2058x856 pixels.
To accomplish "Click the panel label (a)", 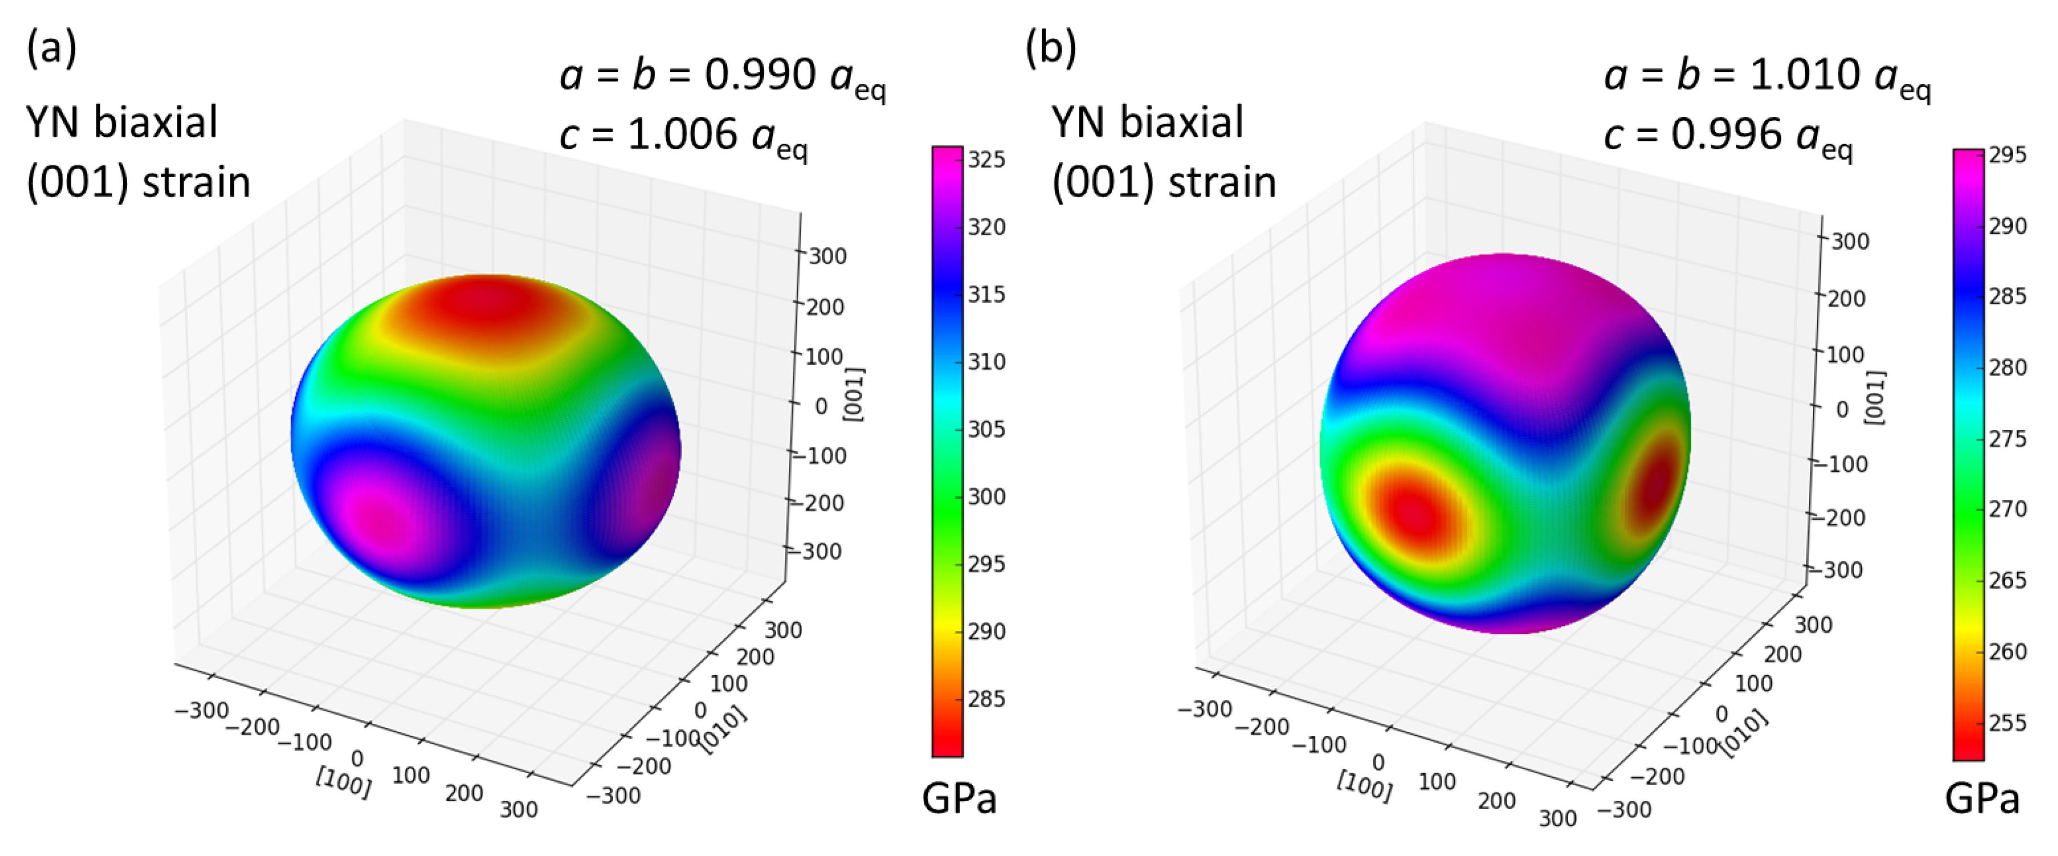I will click(51, 48).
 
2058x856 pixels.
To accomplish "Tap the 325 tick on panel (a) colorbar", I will click(986, 160).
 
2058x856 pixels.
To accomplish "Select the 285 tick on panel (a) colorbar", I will click(986, 699).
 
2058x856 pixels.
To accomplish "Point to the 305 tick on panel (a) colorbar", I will click(986, 430).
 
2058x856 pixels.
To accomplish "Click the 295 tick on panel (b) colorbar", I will click(2007, 155).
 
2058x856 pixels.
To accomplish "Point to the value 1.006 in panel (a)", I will click(682, 134).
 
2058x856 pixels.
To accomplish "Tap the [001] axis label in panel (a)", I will click(854, 393).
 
